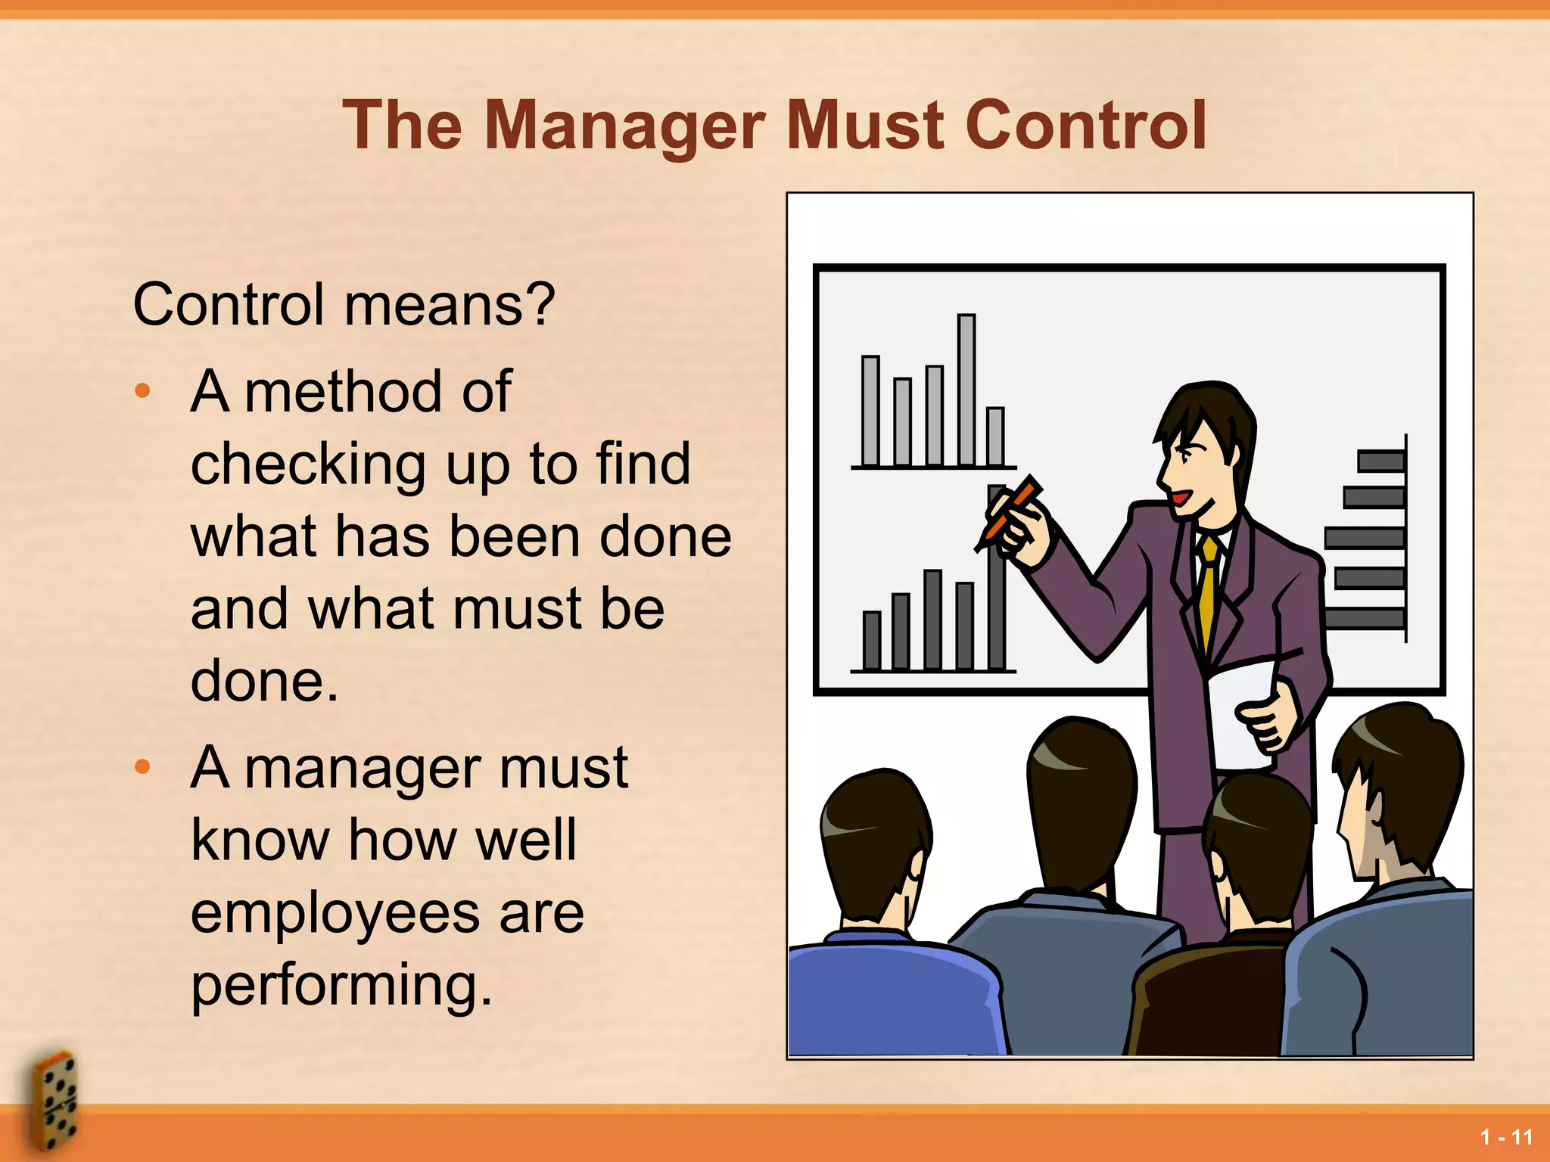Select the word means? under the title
(450, 304)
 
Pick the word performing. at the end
(341, 985)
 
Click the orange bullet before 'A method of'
(142, 391)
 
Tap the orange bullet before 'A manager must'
(142, 767)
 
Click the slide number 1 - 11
(1506, 1137)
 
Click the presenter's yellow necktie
(1209, 590)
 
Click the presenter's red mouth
(1179, 499)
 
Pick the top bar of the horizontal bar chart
(1380, 461)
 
